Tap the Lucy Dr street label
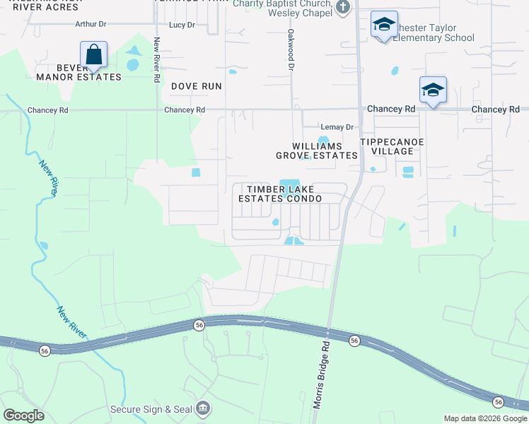182,25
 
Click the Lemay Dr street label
336,127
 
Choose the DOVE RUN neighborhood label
197,86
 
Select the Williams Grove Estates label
316,151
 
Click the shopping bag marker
93,53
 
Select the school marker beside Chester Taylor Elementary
384,25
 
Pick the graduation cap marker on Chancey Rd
433,90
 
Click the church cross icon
343,7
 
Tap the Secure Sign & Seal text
151,409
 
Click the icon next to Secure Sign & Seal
203,408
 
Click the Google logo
23,416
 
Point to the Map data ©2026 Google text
486,418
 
